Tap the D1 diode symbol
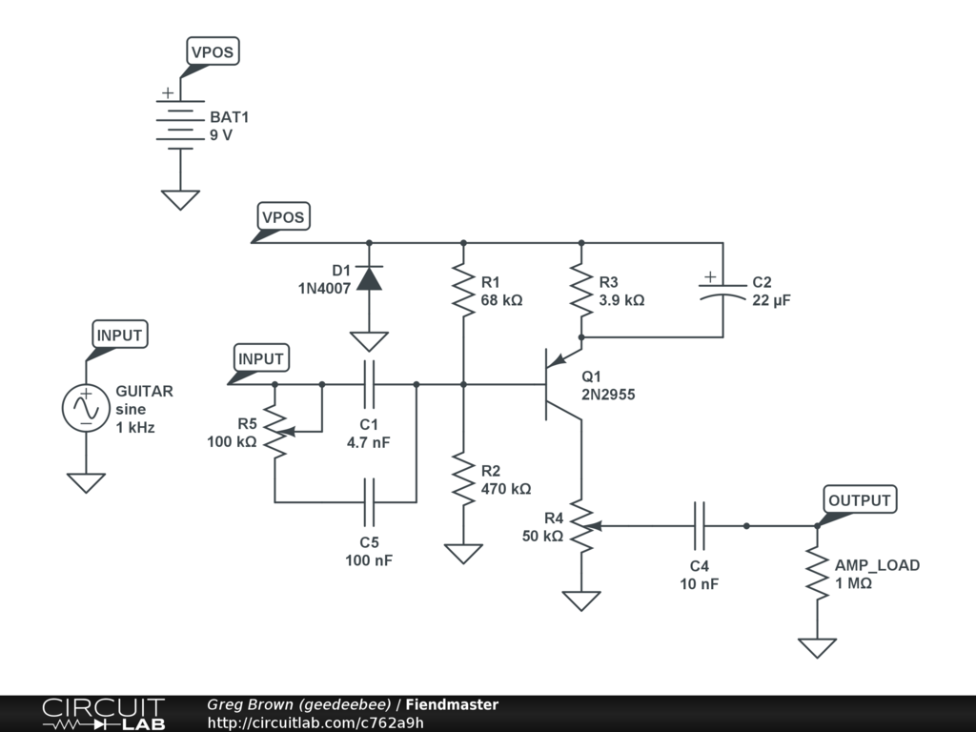(x=369, y=277)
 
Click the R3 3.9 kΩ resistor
(x=579, y=291)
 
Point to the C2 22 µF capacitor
(x=722, y=290)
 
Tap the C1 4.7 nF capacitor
(x=369, y=384)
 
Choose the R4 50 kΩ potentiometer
(x=579, y=525)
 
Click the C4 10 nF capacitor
(x=699, y=525)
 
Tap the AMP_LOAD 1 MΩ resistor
(x=816, y=573)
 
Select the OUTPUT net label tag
(x=859, y=500)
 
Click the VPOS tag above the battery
(x=211, y=52)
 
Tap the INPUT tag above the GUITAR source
(x=119, y=335)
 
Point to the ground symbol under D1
(x=369, y=340)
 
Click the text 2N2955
(x=608, y=394)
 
